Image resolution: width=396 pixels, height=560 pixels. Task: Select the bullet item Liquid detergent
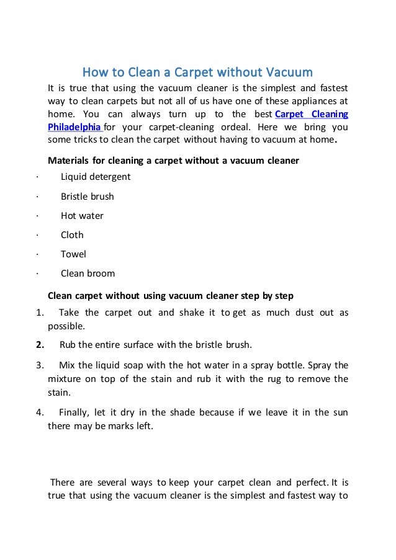(96, 177)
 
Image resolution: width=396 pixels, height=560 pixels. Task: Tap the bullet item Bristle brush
(88, 197)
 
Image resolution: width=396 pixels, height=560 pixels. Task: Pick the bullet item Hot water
(82, 216)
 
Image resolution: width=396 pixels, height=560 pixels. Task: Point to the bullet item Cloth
(72, 235)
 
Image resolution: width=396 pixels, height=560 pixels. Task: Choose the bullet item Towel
(73, 254)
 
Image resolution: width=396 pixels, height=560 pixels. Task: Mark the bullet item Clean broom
(88, 273)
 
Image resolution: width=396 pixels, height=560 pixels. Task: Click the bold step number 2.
(40, 345)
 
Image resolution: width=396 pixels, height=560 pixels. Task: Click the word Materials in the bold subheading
(69, 161)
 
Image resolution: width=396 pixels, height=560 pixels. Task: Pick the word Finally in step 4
(75, 412)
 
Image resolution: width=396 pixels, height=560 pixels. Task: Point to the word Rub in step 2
(67, 345)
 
